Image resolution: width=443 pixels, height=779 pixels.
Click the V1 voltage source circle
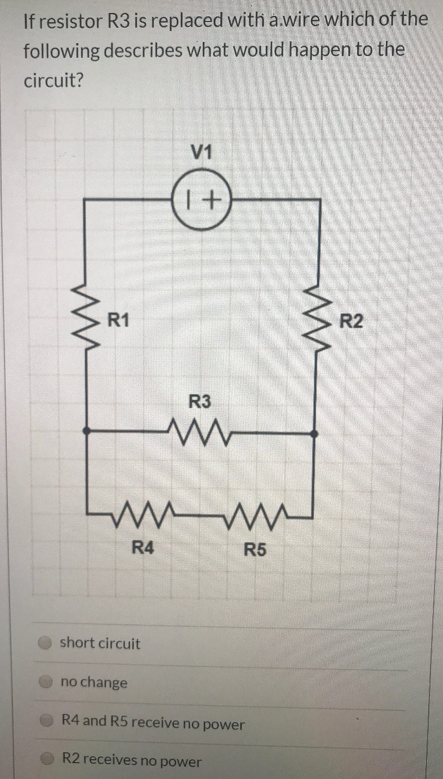point(201,200)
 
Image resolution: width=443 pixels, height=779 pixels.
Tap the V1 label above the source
point(201,152)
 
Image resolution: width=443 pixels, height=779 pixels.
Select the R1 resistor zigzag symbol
point(86,321)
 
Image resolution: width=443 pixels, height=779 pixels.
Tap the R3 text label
point(199,402)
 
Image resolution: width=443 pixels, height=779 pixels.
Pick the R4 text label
point(143,548)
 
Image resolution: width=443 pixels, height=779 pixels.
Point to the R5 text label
point(255,549)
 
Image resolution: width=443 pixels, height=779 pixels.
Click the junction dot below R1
point(86,431)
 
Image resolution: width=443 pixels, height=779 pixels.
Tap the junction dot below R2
point(316,434)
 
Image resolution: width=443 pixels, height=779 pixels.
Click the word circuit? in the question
point(53,80)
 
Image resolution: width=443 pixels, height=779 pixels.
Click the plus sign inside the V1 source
point(210,200)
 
